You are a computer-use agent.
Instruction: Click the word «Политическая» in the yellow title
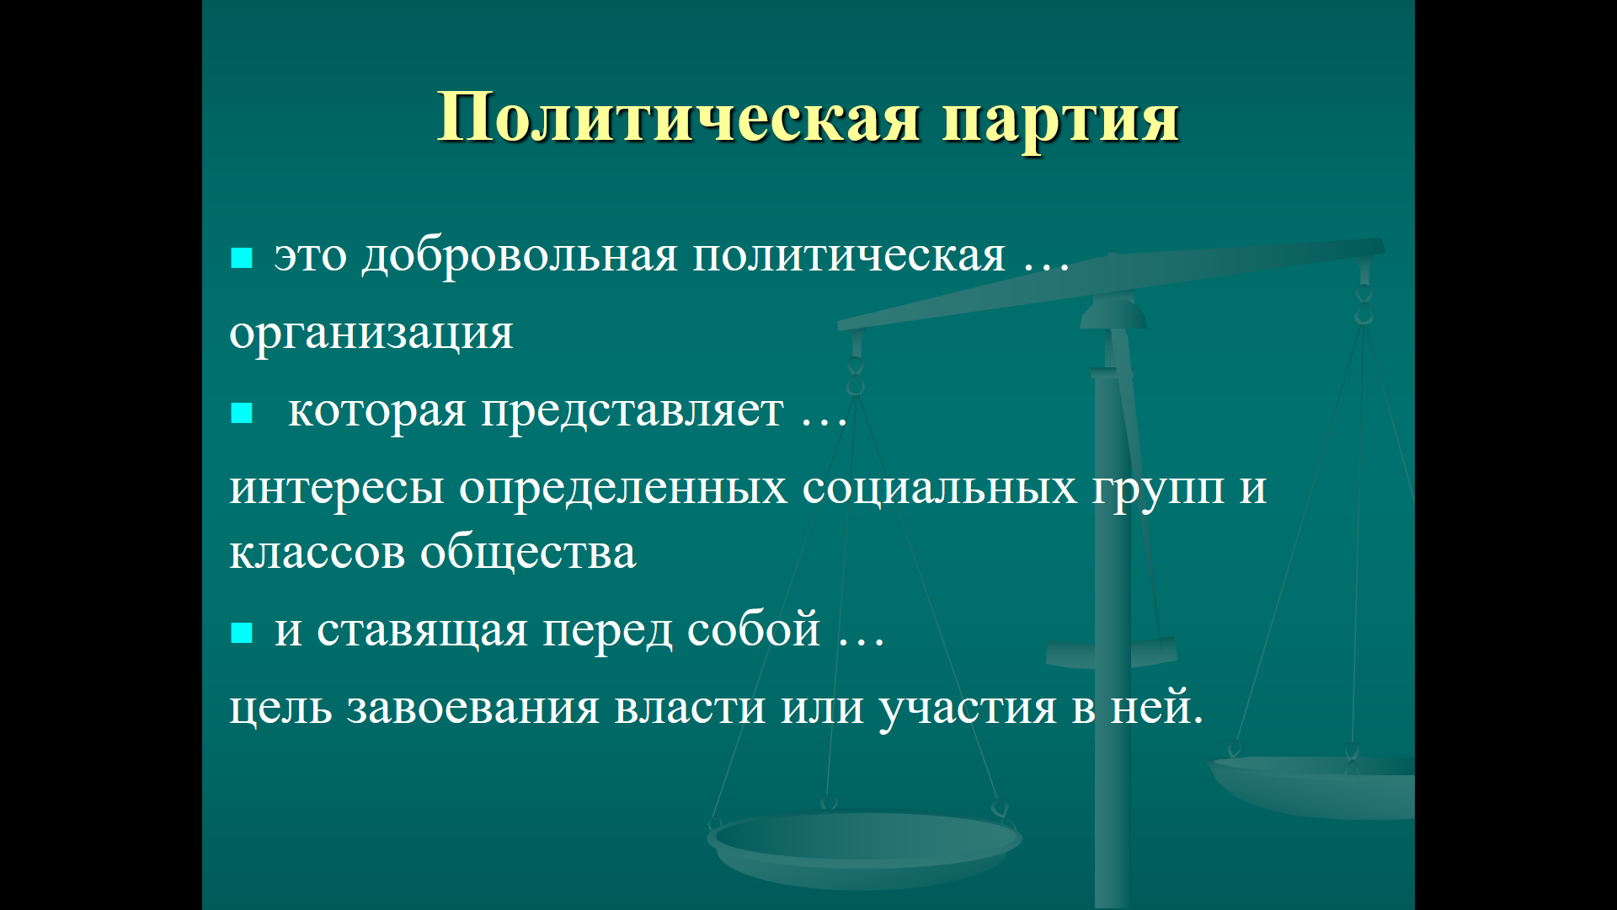tap(679, 117)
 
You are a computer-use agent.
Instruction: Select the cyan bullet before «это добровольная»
tap(242, 258)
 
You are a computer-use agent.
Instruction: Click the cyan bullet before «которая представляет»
tap(242, 413)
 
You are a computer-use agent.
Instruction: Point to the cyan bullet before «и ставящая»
tap(242, 633)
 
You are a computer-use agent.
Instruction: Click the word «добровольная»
tap(519, 255)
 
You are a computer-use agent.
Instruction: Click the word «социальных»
tap(939, 488)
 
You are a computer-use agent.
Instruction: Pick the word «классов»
tap(317, 554)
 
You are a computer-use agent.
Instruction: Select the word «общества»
tap(528, 554)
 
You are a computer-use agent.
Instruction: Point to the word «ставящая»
tap(422, 631)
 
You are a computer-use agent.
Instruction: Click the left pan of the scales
tap(864, 846)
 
